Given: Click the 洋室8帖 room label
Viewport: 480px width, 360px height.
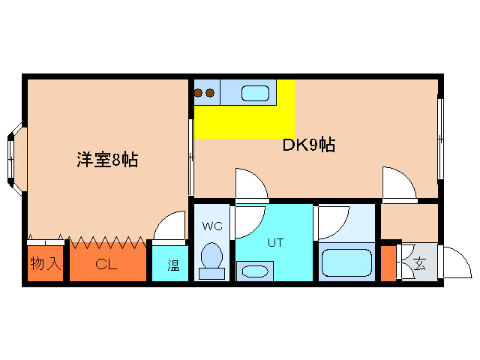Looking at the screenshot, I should pos(107,160).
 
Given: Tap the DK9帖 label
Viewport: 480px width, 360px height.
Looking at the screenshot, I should pos(308,145).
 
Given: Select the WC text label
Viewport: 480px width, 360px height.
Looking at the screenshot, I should pos(211,225).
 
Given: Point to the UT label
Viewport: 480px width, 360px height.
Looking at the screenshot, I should pos(274,242).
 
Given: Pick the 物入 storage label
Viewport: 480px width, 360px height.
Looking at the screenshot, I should pos(46,264).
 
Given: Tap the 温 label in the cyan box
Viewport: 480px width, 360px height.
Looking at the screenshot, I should pos(172,265).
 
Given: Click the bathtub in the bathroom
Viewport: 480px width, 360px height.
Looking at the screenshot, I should pos(347,263).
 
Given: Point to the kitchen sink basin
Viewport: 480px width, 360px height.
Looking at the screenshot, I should pos(256,94).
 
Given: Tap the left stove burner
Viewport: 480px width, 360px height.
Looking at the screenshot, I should pos(199,93).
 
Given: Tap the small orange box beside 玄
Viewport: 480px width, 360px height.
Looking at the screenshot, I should pos(387,262).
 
